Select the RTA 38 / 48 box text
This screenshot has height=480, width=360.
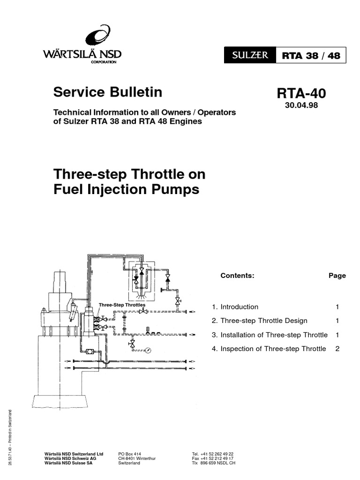pos(311,56)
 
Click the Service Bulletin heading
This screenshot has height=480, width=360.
pos(108,92)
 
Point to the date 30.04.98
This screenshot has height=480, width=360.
pos(301,105)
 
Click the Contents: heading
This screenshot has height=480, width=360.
pos(237,276)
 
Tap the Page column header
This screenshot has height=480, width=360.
pos(337,276)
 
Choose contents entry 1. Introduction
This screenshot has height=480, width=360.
pos(235,307)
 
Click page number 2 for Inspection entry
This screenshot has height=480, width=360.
pos(337,349)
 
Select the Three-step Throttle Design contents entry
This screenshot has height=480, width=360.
pos(260,321)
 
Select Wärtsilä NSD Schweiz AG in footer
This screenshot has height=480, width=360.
pos(70,458)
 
